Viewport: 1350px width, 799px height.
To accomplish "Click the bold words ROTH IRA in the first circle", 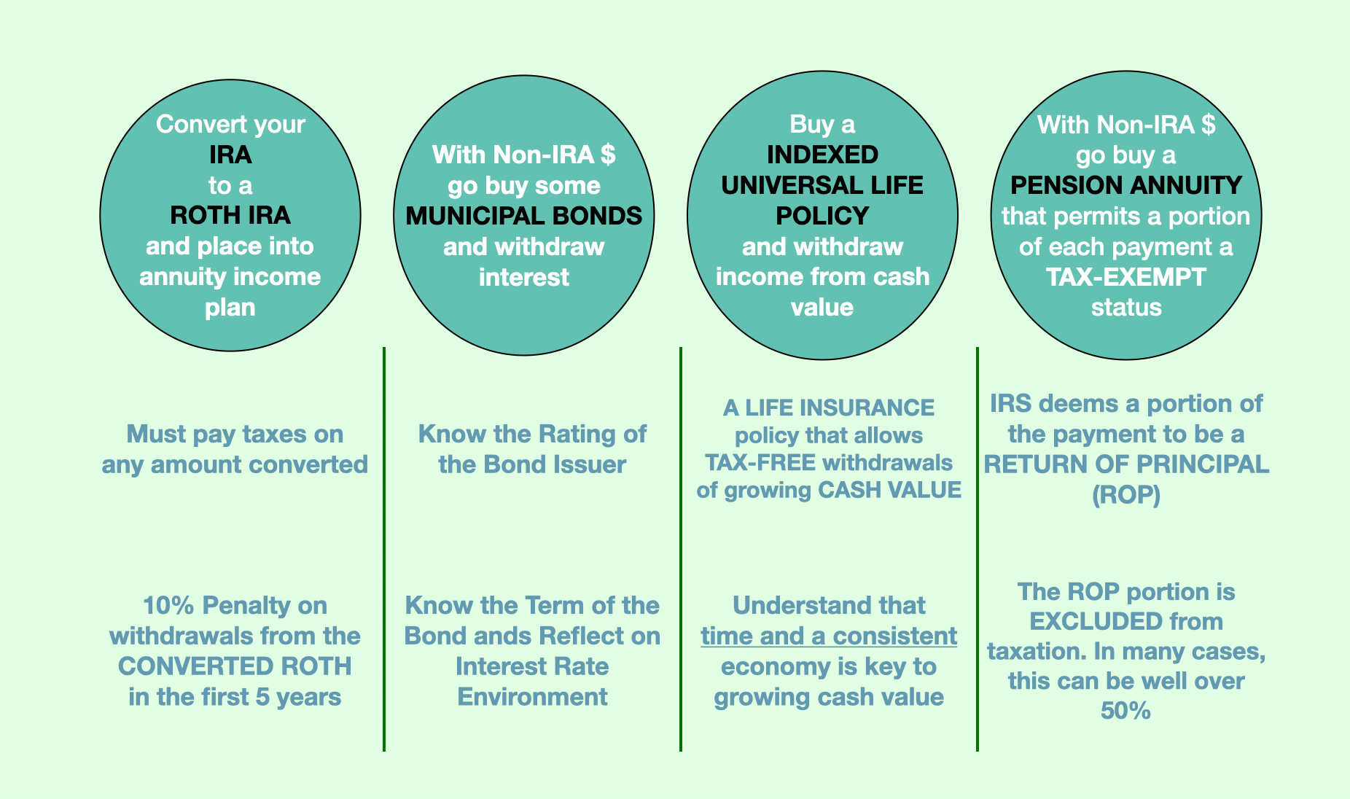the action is tap(230, 216).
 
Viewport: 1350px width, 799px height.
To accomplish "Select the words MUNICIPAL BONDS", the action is tap(524, 216).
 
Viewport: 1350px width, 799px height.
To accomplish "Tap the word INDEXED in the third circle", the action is tap(822, 155).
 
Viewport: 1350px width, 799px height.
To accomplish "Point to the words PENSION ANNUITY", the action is tap(1126, 185).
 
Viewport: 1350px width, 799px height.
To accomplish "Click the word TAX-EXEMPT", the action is tap(1126, 277).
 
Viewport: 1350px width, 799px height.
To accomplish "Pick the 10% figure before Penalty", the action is tap(168, 605).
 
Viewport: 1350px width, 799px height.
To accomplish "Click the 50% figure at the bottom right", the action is tap(1126, 711).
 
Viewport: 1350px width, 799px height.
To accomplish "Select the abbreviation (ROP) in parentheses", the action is tap(1126, 495).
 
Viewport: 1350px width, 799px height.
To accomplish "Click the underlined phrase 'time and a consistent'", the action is tap(829, 636).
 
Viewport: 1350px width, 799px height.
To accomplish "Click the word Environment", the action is tap(532, 697).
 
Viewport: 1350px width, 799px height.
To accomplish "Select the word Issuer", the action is tap(590, 464).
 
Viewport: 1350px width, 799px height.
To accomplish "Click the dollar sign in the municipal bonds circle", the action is tap(608, 155).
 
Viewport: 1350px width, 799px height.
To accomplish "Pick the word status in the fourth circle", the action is tap(1126, 308).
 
